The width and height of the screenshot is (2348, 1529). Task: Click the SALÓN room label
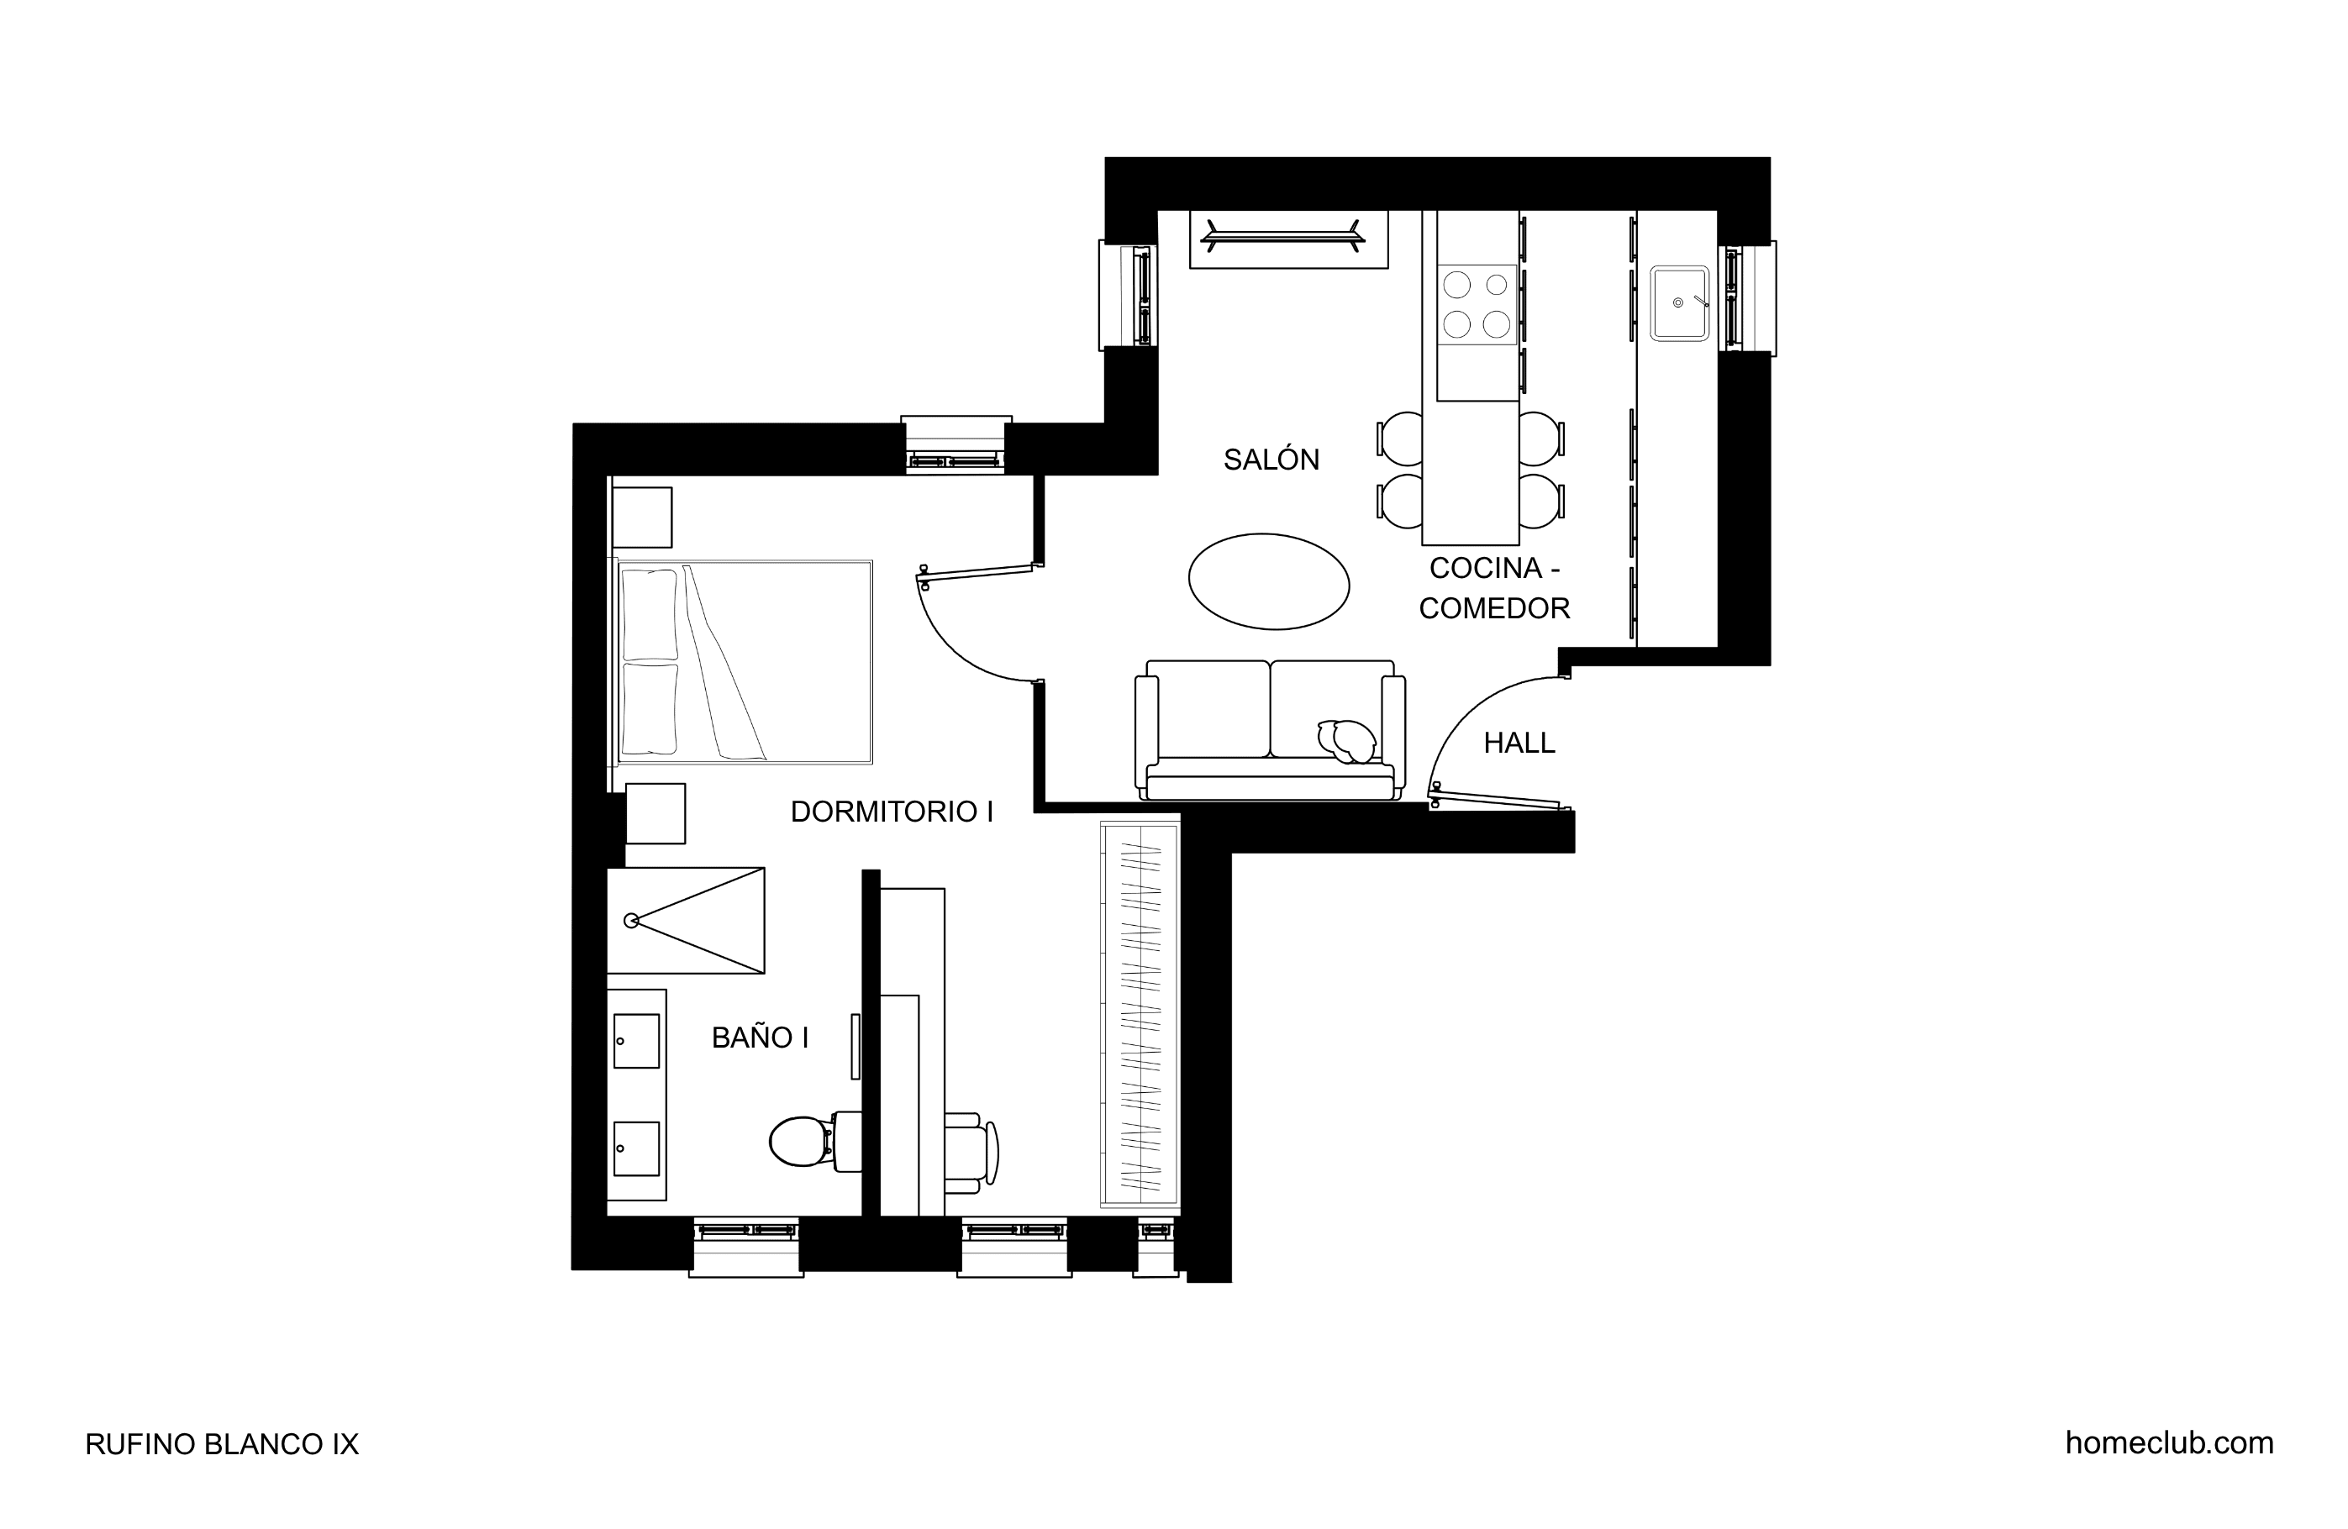click(x=1271, y=460)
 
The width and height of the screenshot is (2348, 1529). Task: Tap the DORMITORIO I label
click(x=892, y=812)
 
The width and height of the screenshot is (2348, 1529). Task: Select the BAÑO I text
click(x=760, y=1038)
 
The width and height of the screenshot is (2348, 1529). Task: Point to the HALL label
click(x=1519, y=743)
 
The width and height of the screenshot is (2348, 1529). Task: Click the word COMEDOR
click(x=1495, y=608)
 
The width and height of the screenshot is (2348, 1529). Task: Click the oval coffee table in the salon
click(x=1269, y=582)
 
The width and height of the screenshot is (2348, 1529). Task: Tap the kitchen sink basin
click(x=1679, y=302)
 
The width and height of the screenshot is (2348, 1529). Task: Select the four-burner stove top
click(x=1477, y=304)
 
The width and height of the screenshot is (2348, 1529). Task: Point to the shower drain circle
click(x=631, y=922)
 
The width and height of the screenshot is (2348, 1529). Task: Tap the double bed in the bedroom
click(x=745, y=662)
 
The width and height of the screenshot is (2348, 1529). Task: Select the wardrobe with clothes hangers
click(x=1140, y=1015)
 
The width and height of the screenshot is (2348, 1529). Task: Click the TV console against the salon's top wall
click(x=1288, y=239)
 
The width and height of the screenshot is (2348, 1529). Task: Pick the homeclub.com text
click(x=2170, y=1443)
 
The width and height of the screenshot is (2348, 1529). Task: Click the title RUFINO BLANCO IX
click(x=222, y=1444)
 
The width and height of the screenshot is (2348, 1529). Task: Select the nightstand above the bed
click(x=642, y=517)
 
